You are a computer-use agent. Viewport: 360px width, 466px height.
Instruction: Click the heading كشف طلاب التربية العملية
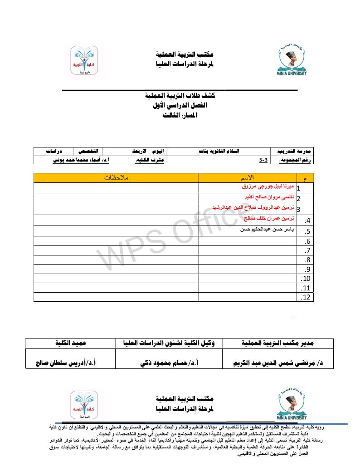(180, 96)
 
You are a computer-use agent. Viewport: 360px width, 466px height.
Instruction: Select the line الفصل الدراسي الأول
(180, 105)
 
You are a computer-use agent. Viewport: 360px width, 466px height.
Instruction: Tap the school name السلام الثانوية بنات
(220, 151)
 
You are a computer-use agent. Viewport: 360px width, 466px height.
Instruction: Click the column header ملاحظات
(116, 177)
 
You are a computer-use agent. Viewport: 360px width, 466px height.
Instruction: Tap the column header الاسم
(247, 177)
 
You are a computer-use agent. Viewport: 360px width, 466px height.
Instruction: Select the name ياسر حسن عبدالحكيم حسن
(267, 230)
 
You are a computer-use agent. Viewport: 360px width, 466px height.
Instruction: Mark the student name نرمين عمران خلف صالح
(267, 218)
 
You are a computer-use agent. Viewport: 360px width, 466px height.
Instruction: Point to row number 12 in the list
(305, 297)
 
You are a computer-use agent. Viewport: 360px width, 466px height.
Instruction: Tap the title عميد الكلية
(71, 343)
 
